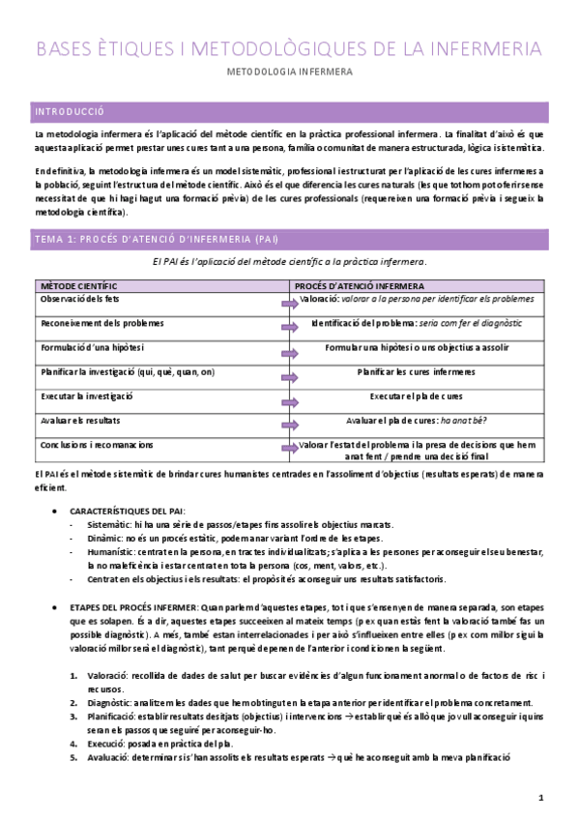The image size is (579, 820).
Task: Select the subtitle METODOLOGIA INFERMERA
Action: [x=289, y=72]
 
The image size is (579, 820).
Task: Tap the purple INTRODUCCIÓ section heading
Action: [x=70, y=111]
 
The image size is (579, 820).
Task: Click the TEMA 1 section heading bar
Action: [x=156, y=237]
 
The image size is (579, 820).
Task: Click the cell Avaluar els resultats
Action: [x=80, y=421]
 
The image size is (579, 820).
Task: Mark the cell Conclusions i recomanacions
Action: [x=96, y=445]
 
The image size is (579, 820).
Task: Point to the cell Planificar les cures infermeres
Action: [x=416, y=372]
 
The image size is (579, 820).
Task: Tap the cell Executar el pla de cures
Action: [x=416, y=396]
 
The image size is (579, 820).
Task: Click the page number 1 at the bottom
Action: [x=542, y=798]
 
